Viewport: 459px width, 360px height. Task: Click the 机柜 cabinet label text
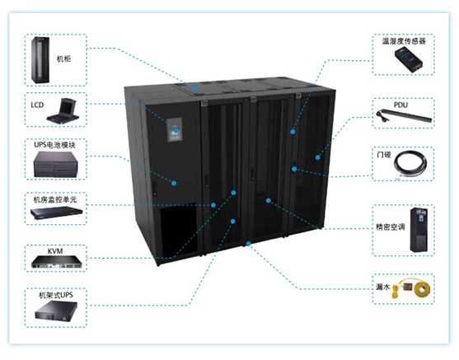pos(63,58)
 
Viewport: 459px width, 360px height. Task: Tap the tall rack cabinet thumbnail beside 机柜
pos(40,60)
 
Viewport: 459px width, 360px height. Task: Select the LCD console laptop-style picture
pos(63,110)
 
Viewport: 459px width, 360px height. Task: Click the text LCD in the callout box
pos(37,105)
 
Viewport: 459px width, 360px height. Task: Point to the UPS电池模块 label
pos(54,145)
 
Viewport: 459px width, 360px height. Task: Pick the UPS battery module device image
pos(55,165)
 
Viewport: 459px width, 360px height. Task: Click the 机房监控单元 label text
pos(55,199)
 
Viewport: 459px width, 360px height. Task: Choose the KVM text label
pos(55,250)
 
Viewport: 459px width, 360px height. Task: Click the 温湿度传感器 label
pos(404,41)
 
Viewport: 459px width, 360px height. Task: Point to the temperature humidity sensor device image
pos(409,60)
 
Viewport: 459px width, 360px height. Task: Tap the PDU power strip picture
pos(404,116)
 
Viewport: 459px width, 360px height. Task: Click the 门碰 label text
pos(384,155)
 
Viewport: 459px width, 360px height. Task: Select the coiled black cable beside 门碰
pos(410,164)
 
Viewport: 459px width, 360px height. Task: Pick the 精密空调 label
pos(391,227)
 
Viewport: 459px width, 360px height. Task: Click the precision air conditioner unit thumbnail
pos(419,230)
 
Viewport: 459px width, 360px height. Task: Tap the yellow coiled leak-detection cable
pos(422,288)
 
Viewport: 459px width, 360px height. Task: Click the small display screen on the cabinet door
pos(175,130)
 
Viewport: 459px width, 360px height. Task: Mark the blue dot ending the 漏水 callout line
pos(248,244)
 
